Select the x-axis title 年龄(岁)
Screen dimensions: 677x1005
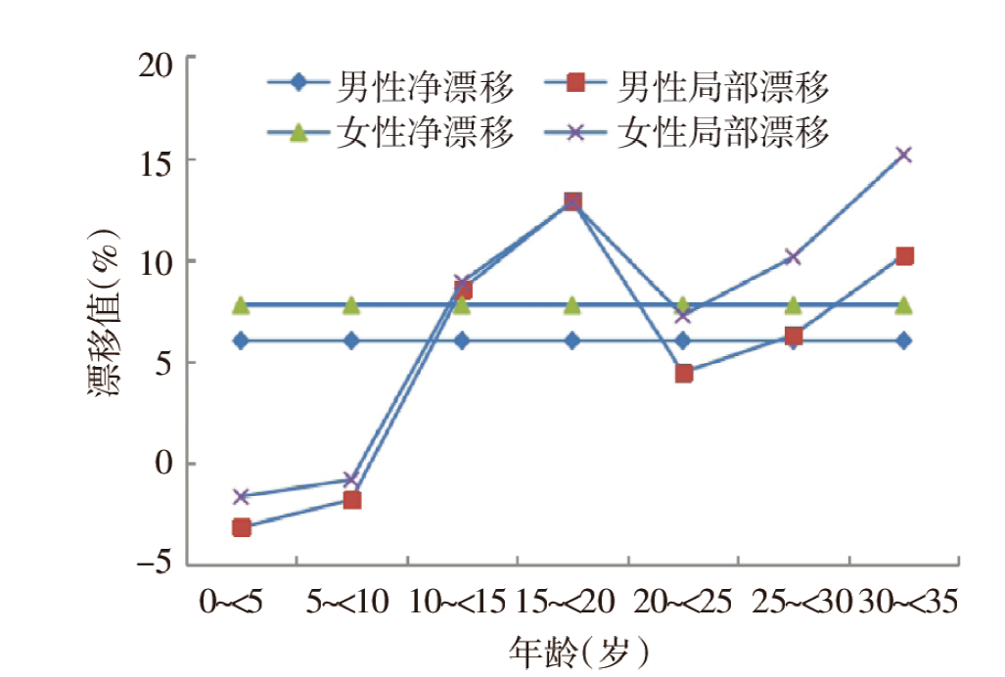pos(578,649)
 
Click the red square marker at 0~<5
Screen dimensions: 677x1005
pos(242,528)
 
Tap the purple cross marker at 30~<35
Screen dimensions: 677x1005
pos(904,155)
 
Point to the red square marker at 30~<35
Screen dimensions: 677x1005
pos(904,256)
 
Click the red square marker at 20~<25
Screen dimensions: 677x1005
pos(683,373)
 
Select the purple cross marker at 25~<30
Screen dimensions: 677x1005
pos(794,257)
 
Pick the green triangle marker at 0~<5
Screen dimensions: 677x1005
pos(242,306)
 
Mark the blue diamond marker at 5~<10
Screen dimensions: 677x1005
pos(352,340)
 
